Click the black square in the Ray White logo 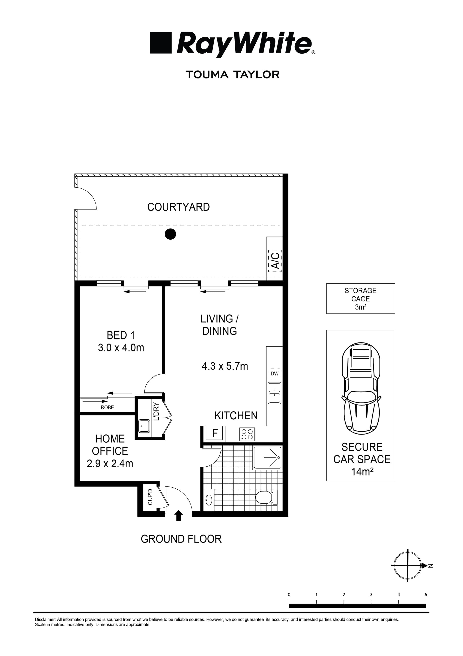[x=161, y=43]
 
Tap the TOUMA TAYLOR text [x=232, y=75]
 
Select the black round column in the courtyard [x=170, y=234]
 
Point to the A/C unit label [x=275, y=260]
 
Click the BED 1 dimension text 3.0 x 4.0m [x=121, y=348]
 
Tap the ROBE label [x=107, y=407]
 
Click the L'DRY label [x=156, y=411]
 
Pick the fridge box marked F [x=215, y=433]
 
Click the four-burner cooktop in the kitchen [x=247, y=434]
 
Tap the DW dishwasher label [x=274, y=373]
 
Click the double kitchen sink [x=274, y=393]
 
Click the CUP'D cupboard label [x=150, y=497]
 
